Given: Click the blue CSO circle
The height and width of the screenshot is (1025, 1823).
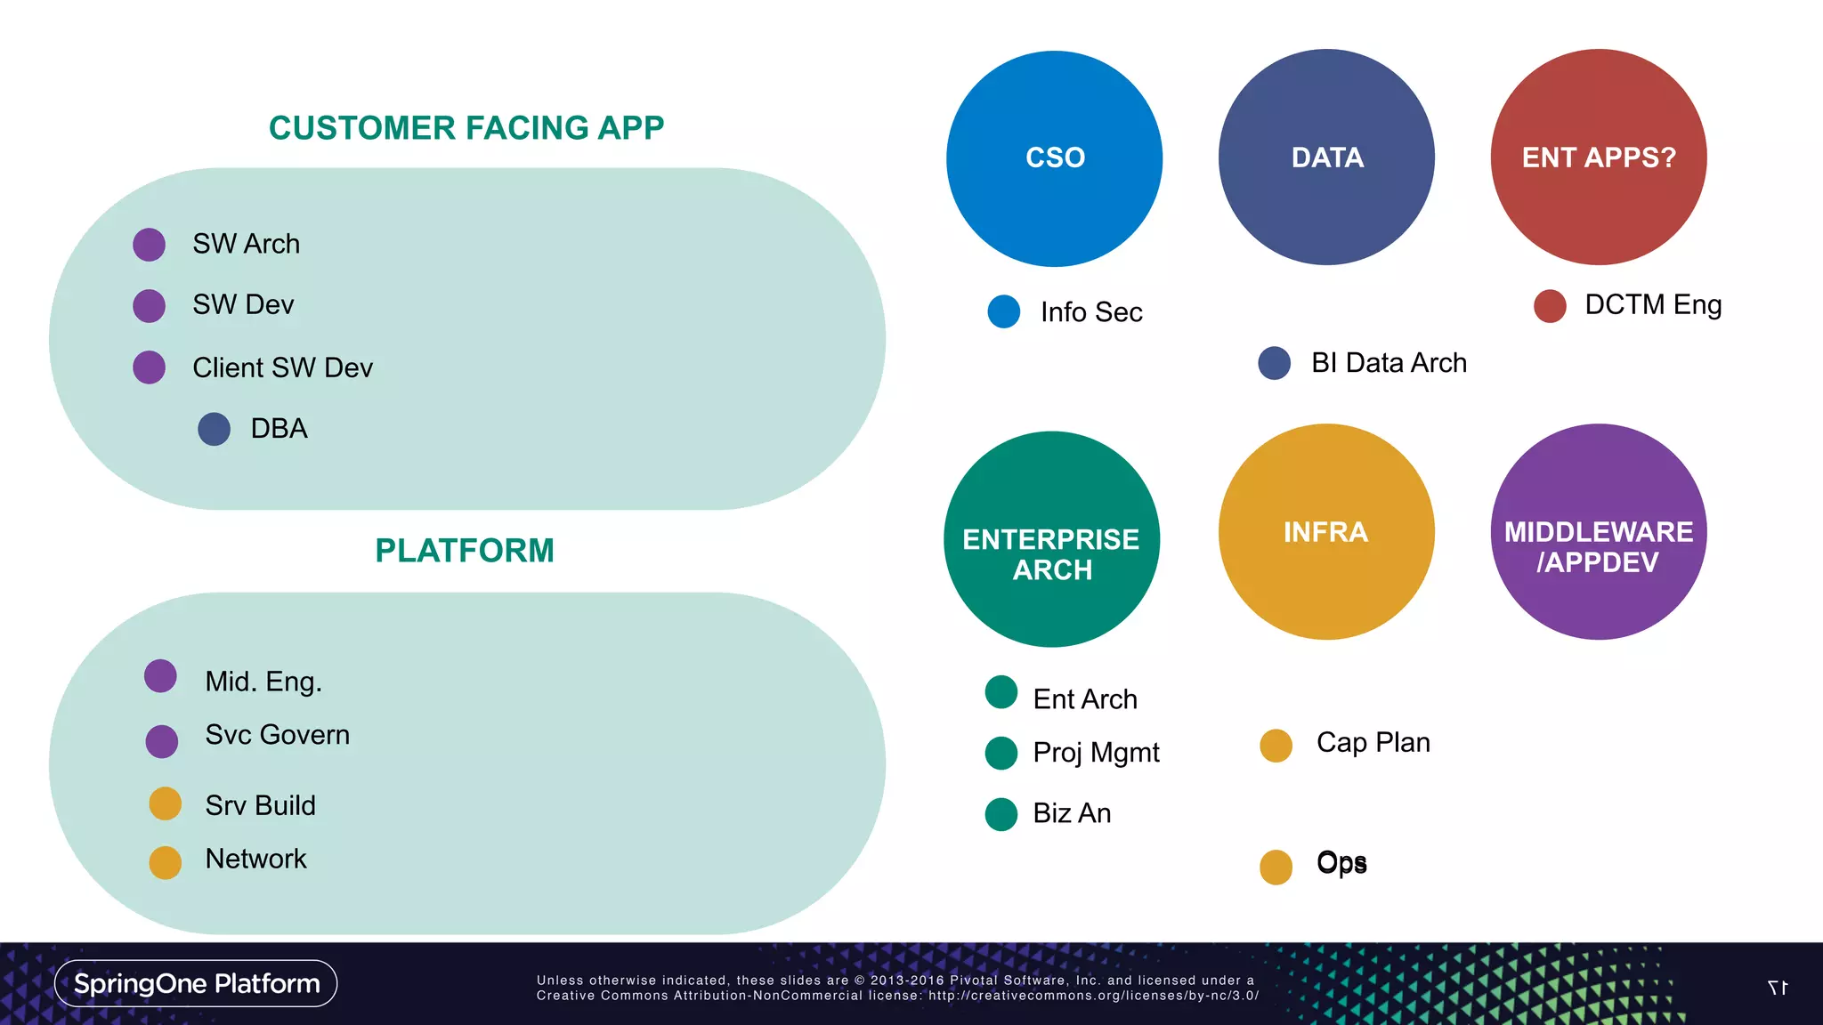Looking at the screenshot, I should pos(1054,158).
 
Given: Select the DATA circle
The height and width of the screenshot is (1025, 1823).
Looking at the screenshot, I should pos(1326,157).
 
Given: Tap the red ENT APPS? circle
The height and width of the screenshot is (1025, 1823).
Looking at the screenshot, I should pos(1599,157).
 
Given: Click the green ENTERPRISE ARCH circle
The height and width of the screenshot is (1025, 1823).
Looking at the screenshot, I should pos(1051,539).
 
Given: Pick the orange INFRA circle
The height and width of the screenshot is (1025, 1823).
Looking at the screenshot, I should pos(1326,532).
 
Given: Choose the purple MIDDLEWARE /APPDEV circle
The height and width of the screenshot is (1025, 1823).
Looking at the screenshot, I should pos(1599,532).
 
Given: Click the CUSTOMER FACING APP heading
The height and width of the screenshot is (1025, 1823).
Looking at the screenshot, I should pos(466,128).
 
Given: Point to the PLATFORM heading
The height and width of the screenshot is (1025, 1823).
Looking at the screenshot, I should pos(465,551).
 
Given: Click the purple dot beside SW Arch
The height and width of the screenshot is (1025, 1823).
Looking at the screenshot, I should pos(150,245).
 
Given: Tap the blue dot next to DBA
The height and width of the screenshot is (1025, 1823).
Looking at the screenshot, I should pos(214,429).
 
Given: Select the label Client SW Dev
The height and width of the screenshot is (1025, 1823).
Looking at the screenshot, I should pos(282,367).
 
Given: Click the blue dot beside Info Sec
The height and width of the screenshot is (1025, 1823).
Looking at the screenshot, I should pos(1004,311).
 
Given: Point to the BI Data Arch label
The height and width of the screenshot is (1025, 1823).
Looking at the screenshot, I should pos(1389,363).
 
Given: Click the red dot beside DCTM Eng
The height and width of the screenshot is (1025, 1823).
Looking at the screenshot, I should pos(1550,305).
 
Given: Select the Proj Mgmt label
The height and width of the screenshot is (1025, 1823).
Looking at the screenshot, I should pos(1096,753).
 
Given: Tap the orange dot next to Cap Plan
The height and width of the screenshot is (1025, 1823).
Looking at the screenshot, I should pos(1276,746).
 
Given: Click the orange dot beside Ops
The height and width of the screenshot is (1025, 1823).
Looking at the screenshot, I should pos(1276,867).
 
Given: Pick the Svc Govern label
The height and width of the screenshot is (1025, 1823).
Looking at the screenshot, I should pos(277,735).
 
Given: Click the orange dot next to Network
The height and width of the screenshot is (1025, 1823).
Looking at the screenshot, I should pos(166,862).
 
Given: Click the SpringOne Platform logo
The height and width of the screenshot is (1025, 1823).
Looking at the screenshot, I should pos(196,983).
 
